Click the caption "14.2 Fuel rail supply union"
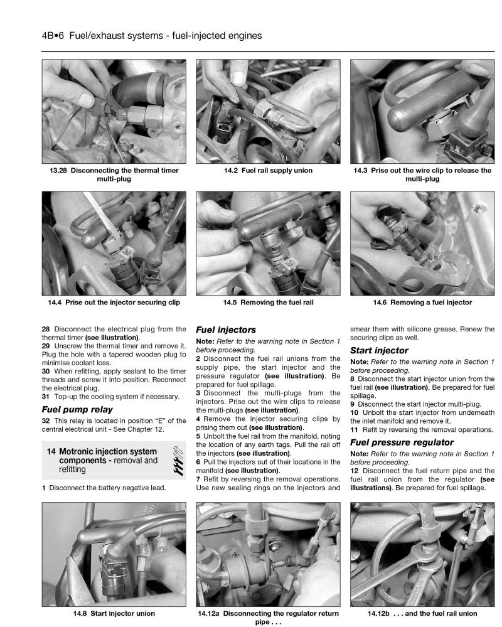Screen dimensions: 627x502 tap(268, 170)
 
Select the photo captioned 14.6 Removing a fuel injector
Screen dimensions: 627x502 tap(422, 243)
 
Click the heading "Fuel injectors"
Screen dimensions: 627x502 tap(226, 329)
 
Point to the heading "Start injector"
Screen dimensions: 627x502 tap(379, 350)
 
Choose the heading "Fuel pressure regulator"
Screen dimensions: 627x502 tap(402, 442)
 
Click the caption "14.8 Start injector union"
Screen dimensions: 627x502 tap(114, 613)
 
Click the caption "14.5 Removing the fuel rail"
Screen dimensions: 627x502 tap(268, 303)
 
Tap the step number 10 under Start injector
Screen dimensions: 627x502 tap(355, 412)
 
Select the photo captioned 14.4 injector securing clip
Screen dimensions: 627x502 tap(114, 243)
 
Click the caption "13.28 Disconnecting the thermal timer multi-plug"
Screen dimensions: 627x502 tap(114, 174)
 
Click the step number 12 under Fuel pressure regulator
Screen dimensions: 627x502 tap(355, 471)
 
